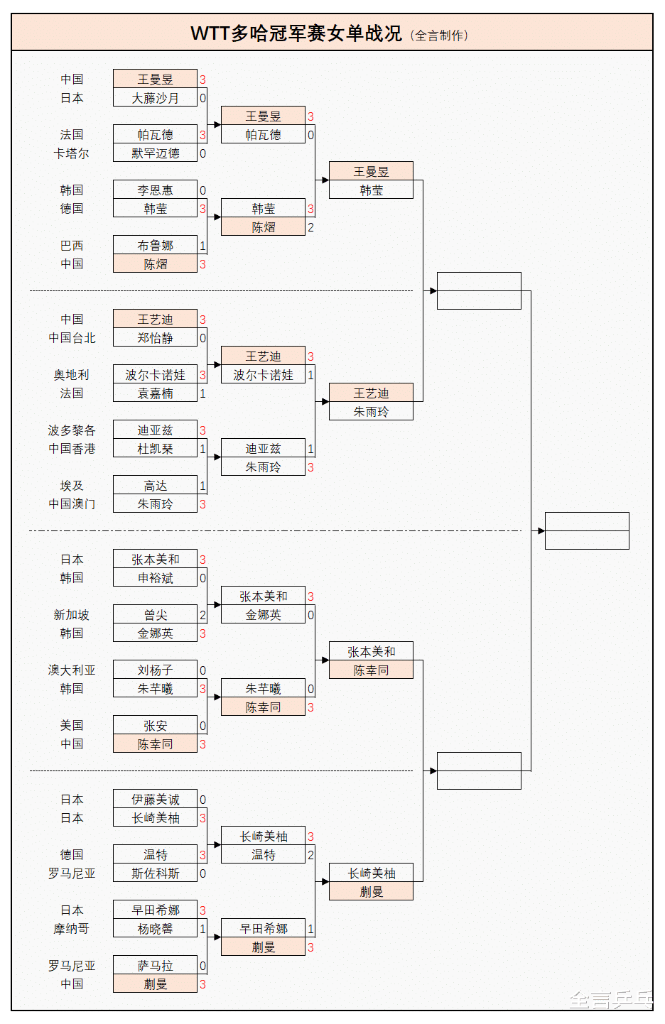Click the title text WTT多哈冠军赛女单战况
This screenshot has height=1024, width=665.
pos(296,33)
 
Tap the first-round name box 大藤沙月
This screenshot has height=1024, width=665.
pos(155,98)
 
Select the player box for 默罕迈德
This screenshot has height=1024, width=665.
pos(155,153)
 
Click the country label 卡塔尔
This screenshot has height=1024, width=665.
pos(72,153)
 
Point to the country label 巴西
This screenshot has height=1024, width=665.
pos(72,246)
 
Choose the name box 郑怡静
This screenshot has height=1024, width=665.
pos(155,338)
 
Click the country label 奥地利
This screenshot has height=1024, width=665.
pos(72,375)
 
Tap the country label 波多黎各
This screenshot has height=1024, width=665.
pos(72,430)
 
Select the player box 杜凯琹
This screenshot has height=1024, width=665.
pos(155,449)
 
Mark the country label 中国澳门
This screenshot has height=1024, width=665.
pos(72,504)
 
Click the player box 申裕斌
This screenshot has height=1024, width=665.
pos(155,578)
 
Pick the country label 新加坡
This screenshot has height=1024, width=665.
pos(72,615)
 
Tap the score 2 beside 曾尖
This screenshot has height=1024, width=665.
pos(202,615)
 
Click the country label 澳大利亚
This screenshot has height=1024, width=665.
pos(72,670)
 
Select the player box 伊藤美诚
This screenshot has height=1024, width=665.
pos(155,800)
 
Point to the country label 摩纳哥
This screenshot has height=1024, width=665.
pos(72,929)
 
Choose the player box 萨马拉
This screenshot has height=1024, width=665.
pos(155,966)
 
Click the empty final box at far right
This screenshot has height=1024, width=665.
pos(587,530)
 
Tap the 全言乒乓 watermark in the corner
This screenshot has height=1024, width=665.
pos(611,1000)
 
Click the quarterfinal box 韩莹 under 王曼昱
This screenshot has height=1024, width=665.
pos(371,190)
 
